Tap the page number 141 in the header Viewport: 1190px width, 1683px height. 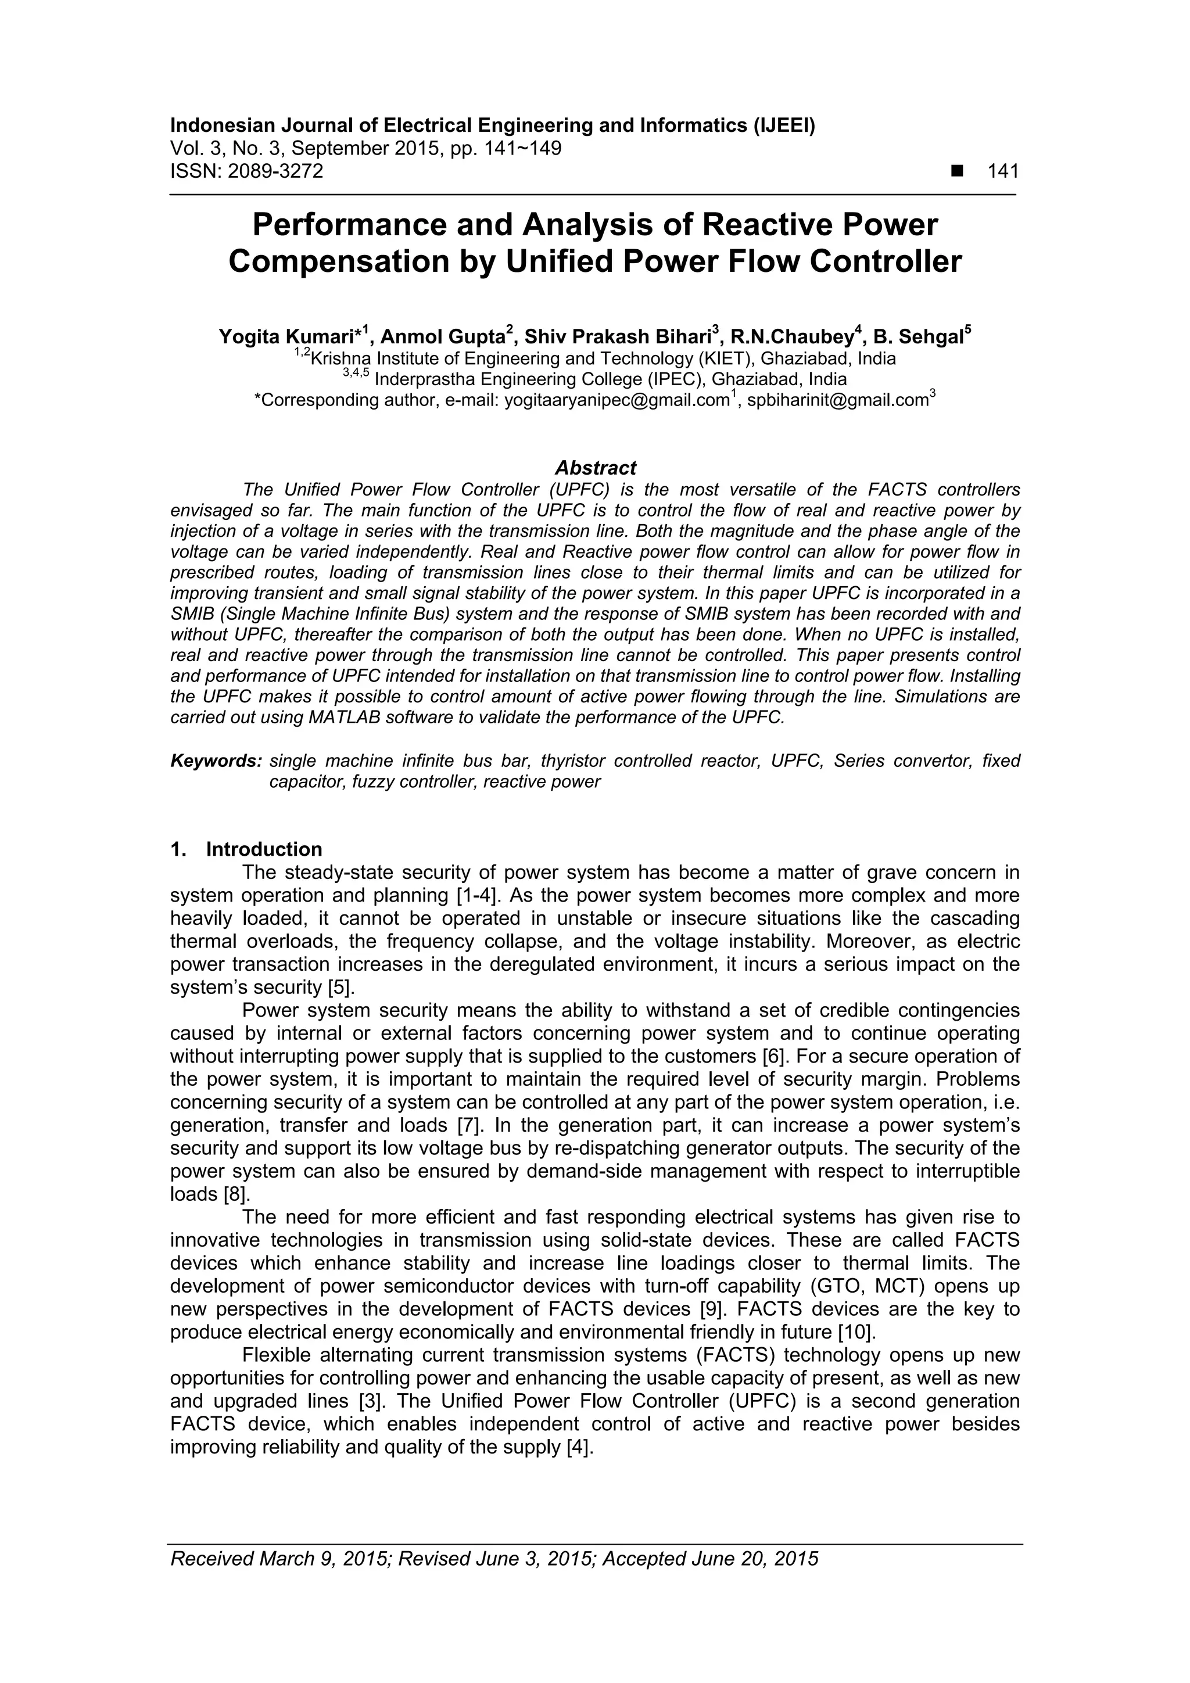pos(1003,171)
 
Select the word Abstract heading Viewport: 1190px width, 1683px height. pos(596,468)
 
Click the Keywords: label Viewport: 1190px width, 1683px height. pos(216,761)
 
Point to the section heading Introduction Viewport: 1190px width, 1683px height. pos(264,849)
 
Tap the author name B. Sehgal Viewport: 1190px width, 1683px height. pos(918,337)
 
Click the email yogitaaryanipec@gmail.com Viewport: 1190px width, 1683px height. pos(616,401)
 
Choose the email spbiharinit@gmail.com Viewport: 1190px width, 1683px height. pos(837,401)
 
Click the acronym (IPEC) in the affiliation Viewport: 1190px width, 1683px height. pos(675,380)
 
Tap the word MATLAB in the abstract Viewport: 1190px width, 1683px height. pos(345,717)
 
